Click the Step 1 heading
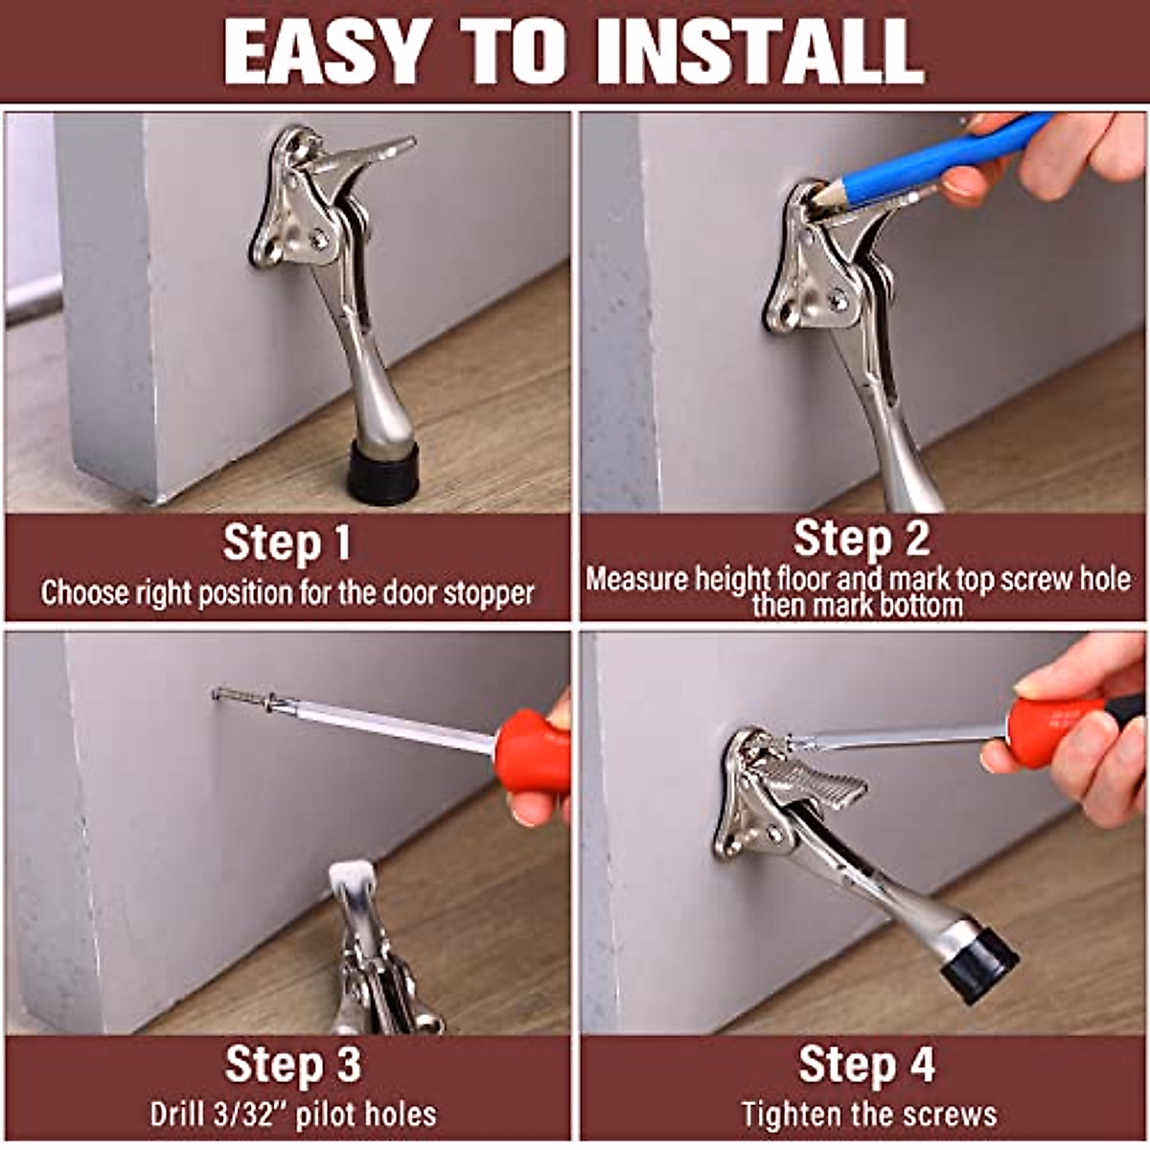(287, 543)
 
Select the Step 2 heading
(861, 539)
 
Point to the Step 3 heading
(292, 1064)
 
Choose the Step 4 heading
(866, 1064)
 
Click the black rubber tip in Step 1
(381, 472)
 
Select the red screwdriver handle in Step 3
(533, 750)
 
